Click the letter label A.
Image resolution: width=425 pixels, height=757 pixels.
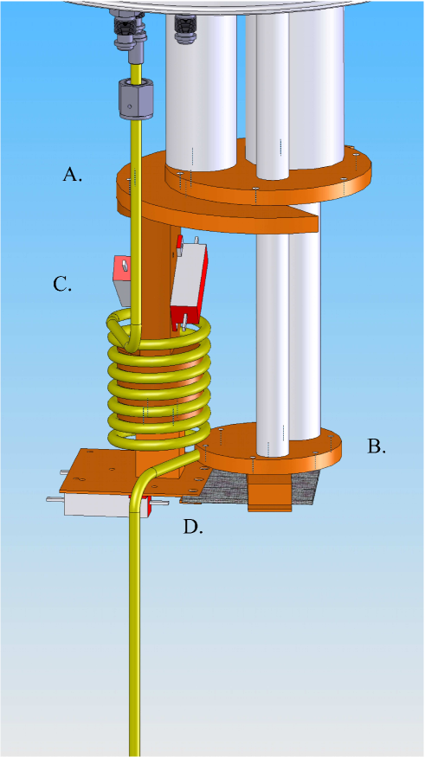(x=73, y=175)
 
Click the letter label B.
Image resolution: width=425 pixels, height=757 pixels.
(x=376, y=447)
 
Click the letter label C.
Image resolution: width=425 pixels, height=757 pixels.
(x=62, y=284)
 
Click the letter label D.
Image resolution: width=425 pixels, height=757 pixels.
(x=193, y=526)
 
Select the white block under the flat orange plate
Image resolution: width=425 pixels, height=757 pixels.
(x=97, y=506)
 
